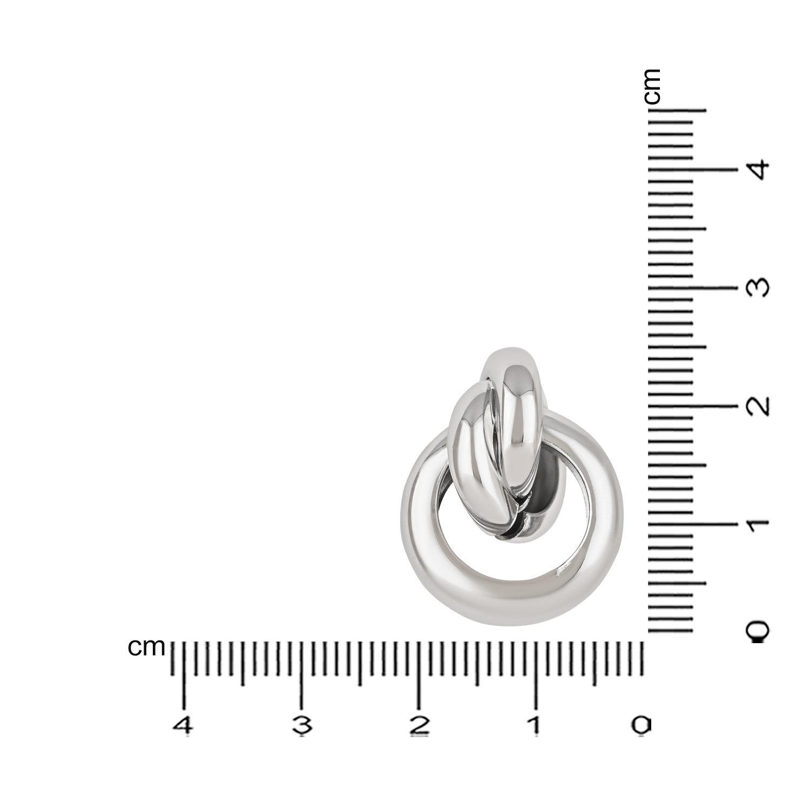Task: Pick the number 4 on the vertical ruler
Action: click(x=757, y=170)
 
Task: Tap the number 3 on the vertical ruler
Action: click(x=758, y=287)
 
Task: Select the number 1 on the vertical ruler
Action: click(x=758, y=523)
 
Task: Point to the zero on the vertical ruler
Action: click(x=758, y=631)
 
